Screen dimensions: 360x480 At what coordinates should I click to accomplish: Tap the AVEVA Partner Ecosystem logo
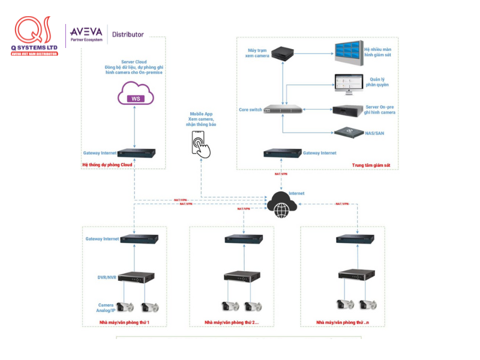pyautogui.click(x=86, y=34)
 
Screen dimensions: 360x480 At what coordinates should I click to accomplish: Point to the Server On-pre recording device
pyautogui.click(x=347, y=110)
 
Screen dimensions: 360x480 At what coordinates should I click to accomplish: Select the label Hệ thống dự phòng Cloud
pyautogui.click(x=107, y=164)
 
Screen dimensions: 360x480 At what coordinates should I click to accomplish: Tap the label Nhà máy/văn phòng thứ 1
pyautogui.click(x=124, y=323)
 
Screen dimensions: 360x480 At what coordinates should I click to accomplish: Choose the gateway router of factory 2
pyautogui.click(x=243, y=239)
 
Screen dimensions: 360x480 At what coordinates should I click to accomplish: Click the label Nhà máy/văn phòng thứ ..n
pyautogui.click(x=341, y=323)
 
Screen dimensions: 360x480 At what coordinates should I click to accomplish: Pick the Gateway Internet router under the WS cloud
pyautogui.click(x=137, y=154)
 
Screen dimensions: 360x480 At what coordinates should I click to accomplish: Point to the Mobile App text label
pyautogui.click(x=201, y=114)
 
